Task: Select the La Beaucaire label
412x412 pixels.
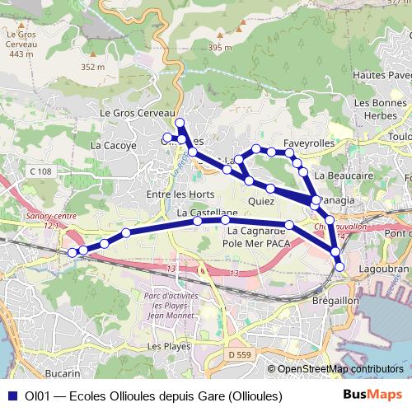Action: (x=340, y=176)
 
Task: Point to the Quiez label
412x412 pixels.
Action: (x=261, y=200)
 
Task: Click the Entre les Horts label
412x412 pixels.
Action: (x=174, y=194)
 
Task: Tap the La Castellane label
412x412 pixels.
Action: (x=201, y=213)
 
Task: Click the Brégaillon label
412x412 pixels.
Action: (x=334, y=302)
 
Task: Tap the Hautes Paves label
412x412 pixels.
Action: (x=381, y=76)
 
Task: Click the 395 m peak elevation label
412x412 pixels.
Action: (x=221, y=48)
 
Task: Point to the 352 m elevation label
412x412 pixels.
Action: (x=94, y=67)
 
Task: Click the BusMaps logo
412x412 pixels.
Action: (x=376, y=396)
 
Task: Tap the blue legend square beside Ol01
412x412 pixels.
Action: (x=12, y=396)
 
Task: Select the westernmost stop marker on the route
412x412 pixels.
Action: (x=73, y=252)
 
